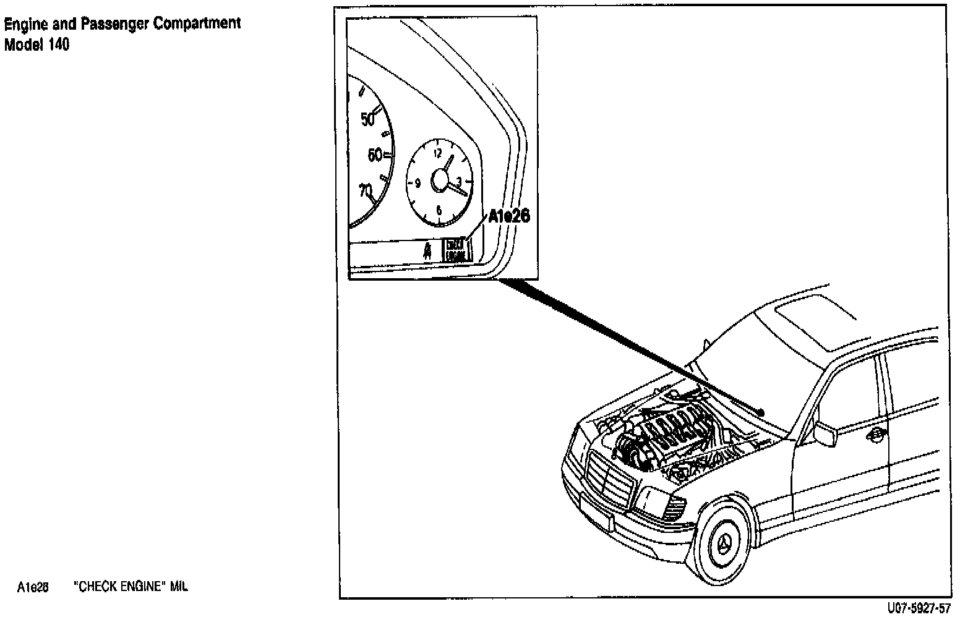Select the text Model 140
tap(36, 45)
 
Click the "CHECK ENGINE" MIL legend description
tap(131, 587)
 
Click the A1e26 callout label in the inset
tap(509, 216)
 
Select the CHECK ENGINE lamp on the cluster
tap(456, 250)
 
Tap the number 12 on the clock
tap(438, 153)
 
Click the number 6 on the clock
tap(439, 210)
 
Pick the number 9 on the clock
tap(418, 182)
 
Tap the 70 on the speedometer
tap(366, 190)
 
